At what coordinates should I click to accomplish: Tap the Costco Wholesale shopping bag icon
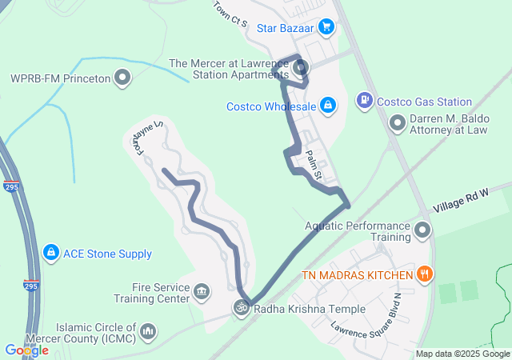pyautogui.click(x=327, y=105)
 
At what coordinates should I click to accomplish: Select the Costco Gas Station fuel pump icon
pyautogui.click(x=364, y=101)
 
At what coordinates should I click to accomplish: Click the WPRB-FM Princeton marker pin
pyautogui.click(x=122, y=78)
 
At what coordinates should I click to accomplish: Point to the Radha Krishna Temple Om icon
pyautogui.click(x=239, y=308)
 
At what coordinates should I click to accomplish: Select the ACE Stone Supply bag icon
pyautogui.click(x=50, y=254)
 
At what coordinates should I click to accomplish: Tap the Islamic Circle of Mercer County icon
pyautogui.click(x=148, y=331)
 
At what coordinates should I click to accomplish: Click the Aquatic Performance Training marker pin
pyautogui.click(x=423, y=231)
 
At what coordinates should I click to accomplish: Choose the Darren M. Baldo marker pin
pyautogui.click(x=397, y=123)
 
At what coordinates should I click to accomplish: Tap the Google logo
pyautogui.click(x=26, y=350)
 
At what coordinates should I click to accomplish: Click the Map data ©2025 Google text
pyautogui.click(x=462, y=354)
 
